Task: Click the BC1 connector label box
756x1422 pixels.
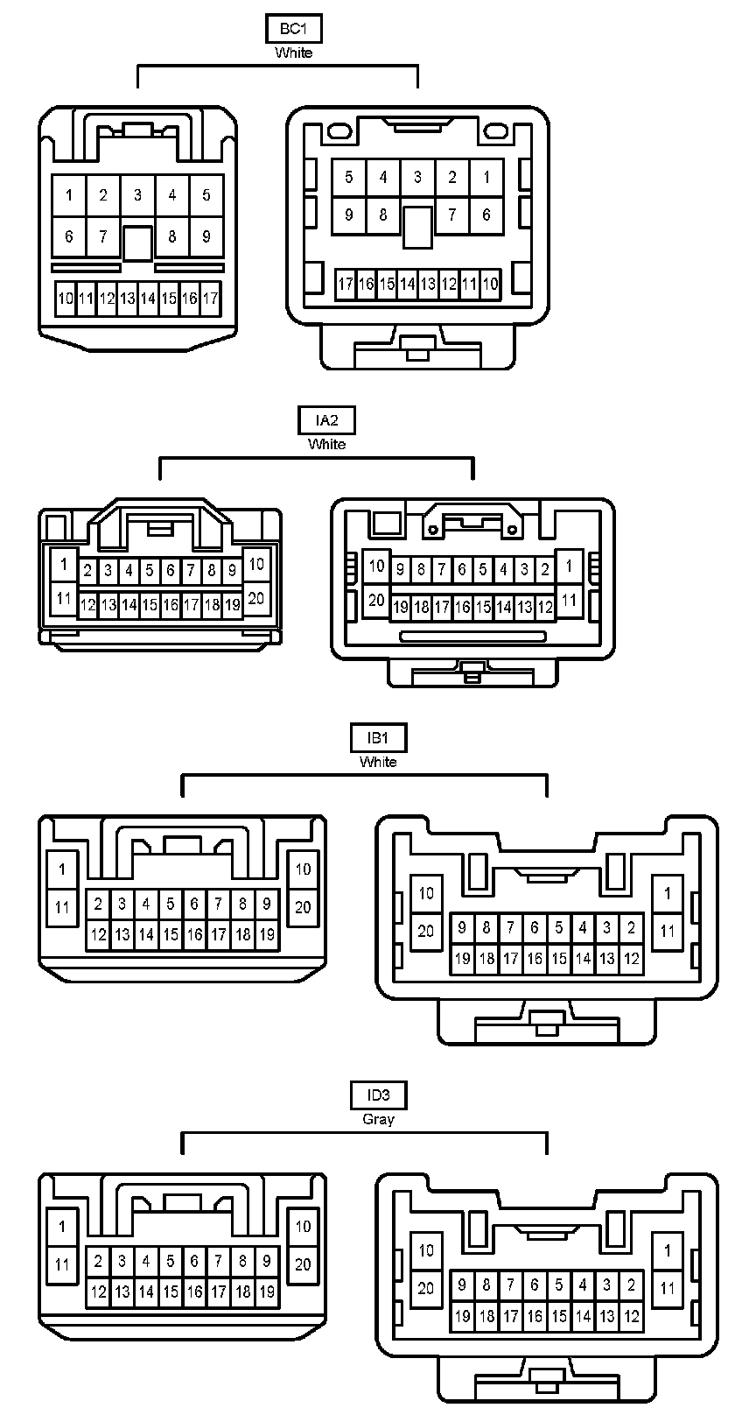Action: [293, 29]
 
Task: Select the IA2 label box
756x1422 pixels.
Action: [326, 420]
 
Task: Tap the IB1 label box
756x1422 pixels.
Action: [378, 738]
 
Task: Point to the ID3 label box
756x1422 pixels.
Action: [378, 1095]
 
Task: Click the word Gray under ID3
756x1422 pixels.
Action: [378, 1119]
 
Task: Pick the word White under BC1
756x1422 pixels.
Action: [293, 53]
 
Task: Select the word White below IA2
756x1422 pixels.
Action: [326, 444]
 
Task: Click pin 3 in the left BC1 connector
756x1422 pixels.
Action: [137, 195]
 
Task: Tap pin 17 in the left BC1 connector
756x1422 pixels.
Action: [210, 299]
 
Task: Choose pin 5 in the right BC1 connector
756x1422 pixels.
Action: [348, 178]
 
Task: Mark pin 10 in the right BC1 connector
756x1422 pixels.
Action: [490, 284]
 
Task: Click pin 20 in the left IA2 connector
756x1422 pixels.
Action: [256, 599]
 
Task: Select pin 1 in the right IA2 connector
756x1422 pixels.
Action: [569, 567]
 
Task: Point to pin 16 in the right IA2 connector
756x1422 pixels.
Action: [462, 607]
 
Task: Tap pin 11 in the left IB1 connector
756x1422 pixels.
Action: [62, 907]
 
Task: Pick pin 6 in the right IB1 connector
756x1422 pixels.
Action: [535, 928]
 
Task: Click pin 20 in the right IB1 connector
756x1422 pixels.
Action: [426, 931]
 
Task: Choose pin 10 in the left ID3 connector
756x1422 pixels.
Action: [303, 1227]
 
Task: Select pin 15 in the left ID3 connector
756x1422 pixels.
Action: [171, 1292]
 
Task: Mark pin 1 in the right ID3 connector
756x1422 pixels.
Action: [668, 1250]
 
